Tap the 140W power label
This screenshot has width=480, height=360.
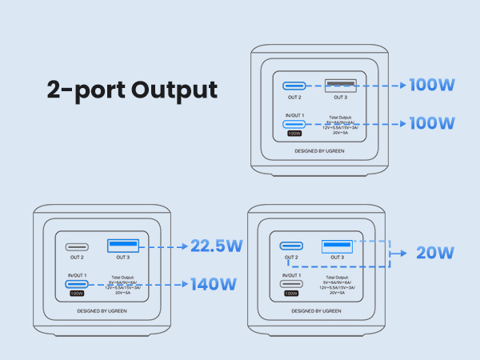pyautogui.click(x=214, y=283)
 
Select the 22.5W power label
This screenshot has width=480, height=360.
pyautogui.click(x=214, y=246)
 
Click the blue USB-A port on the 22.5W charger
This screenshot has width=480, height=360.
pyautogui.click(x=122, y=246)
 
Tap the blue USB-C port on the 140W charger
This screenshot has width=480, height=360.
pyautogui.click(x=77, y=283)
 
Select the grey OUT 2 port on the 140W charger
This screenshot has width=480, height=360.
pyautogui.click(x=77, y=246)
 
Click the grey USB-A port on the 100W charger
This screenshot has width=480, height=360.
pyautogui.click(x=340, y=84)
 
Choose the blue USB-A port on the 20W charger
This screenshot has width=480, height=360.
pyautogui.click(x=337, y=246)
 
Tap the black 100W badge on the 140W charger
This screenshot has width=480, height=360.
pyautogui.click(x=77, y=294)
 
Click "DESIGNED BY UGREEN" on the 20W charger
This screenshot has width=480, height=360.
pyautogui.click(x=315, y=310)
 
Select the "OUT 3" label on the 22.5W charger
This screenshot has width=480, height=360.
pyautogui.click(x=122, y=257)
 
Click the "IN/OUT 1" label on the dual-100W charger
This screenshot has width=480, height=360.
pyautogui.click(x=294, y=116)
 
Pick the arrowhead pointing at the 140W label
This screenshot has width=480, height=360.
pyautogui.click(x=184, y=283)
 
